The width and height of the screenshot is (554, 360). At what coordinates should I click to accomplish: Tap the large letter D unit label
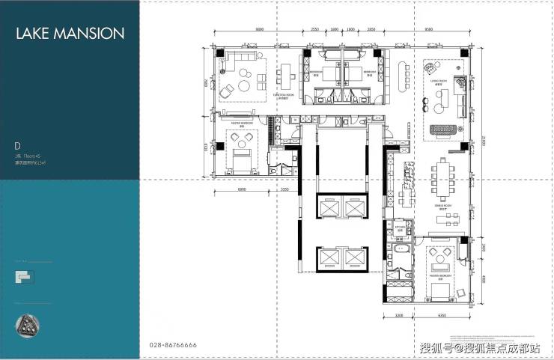16,145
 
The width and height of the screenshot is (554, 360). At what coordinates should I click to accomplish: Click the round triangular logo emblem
29,325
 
